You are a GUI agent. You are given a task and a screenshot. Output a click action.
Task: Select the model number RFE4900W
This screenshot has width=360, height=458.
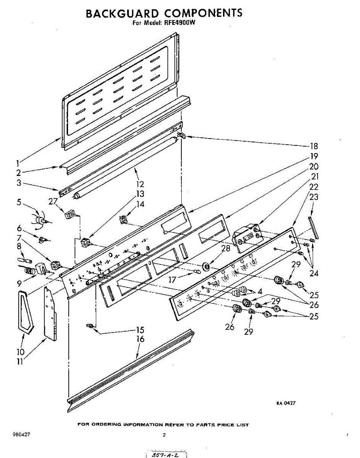pos(179,23)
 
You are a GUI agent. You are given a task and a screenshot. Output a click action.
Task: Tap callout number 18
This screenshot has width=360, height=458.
pos(313,146)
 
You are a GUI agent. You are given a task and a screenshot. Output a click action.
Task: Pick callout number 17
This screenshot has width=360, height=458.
pos(173,280)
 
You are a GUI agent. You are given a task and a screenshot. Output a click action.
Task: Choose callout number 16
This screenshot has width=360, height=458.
pos(140,339)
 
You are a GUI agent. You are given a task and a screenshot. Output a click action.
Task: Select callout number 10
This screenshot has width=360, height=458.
pos(20,351)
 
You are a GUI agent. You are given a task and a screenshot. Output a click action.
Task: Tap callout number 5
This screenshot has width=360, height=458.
pos(19,202)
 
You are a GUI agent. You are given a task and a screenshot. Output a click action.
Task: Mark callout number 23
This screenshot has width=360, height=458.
pos(313,197)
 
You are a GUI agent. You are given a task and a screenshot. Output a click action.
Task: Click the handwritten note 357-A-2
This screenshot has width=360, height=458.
pos(166,455)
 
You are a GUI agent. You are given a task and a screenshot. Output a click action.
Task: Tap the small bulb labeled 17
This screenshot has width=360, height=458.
pos(197,272)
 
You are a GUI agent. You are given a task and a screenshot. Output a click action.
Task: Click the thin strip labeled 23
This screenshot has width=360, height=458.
pos(313,228)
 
